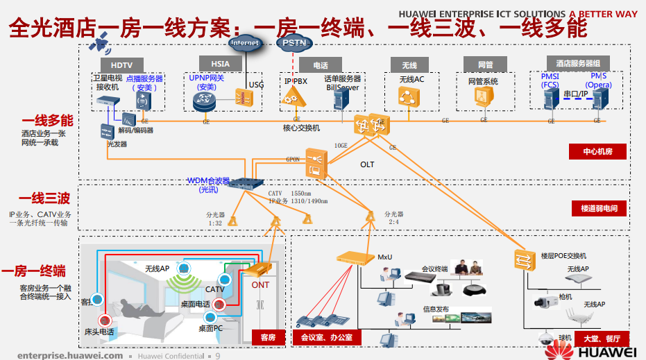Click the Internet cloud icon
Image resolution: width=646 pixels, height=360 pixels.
coord(245,44)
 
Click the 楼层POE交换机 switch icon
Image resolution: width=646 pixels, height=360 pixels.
coord(522,258)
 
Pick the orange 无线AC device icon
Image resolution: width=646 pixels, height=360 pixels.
coord(410,96)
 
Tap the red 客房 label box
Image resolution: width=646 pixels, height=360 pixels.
coord(268,337)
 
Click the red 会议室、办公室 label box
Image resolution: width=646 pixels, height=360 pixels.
coord(326,338)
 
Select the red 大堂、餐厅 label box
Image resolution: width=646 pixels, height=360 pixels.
coord(601,338)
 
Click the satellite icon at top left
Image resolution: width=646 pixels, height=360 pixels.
coord(102,45)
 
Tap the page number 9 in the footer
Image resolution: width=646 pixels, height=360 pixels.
coord(218,355)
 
